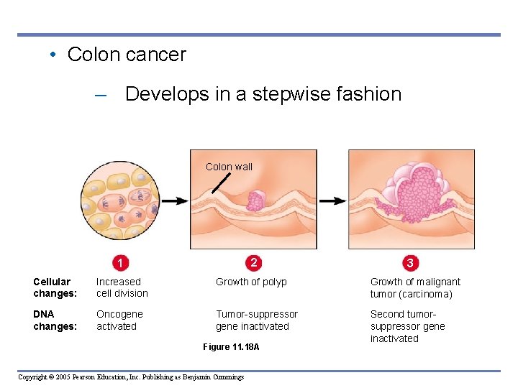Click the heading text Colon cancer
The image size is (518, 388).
coord(126,55)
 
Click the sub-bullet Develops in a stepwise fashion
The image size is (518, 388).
coord(263,94)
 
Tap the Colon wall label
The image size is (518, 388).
coord(229,167)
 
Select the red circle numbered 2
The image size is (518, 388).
coord(253,262)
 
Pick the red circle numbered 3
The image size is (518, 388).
coord(409,263)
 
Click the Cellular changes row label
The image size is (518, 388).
coord(55,287)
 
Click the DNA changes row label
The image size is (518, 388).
coord(55,320)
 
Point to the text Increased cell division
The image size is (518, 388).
coord(122,287)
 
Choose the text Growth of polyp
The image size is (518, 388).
coord(251,282)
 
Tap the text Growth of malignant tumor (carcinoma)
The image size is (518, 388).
coord(415,287)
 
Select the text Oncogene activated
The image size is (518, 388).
coord(119,320)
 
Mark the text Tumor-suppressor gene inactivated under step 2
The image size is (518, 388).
coord(256,320)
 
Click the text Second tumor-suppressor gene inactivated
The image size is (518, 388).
coord(407,326)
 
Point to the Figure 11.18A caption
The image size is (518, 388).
coord(230,347)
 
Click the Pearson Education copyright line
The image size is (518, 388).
coord(131,377)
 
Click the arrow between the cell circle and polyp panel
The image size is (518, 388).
coord(174,201)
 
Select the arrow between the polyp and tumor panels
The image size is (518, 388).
coord(332,201)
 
